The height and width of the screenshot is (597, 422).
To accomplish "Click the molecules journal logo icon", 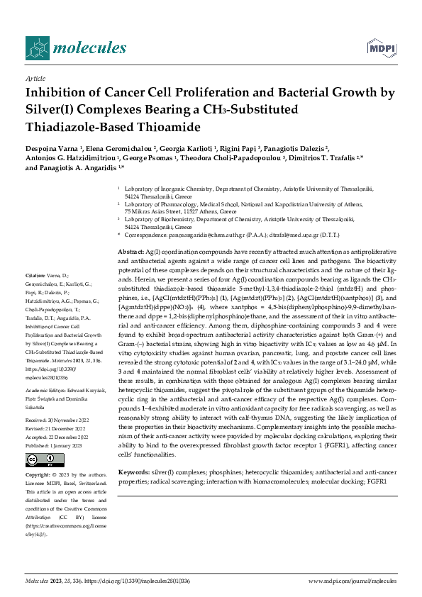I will coord(36,48).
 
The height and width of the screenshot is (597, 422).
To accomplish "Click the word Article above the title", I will coord(35,79).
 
